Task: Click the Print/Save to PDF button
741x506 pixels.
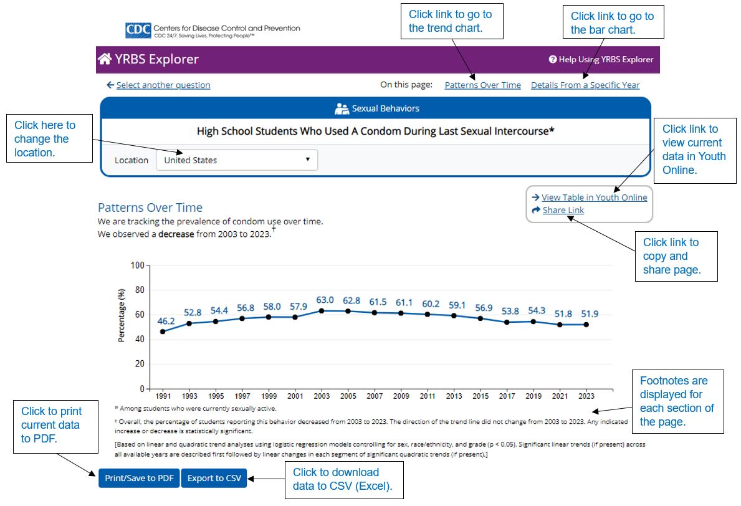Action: [x=139, y=478]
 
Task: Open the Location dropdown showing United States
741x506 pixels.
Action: [x=236, y=160]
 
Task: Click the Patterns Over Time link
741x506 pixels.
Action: [x=482, y=85]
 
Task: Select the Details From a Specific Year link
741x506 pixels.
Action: [x=585, y=85]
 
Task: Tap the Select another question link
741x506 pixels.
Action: [x=163, y=85]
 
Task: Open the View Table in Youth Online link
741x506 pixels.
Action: [x=594, y=198]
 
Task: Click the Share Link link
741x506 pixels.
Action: [x=563, y=211]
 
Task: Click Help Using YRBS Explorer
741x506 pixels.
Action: [x=601, y=60]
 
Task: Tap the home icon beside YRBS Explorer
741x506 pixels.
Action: [x=105, y=59]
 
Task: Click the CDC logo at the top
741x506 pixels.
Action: [x=138, y=30]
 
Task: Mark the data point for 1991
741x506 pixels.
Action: [x=163, y=332]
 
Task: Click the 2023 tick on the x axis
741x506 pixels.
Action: [x=586, y=396]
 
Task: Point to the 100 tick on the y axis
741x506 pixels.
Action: [x=137, y=265]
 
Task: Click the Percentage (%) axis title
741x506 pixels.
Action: [x=122, y=315]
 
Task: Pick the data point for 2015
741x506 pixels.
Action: [x=480, y=318]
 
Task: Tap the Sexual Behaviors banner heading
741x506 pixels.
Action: [x=377, y=108]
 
